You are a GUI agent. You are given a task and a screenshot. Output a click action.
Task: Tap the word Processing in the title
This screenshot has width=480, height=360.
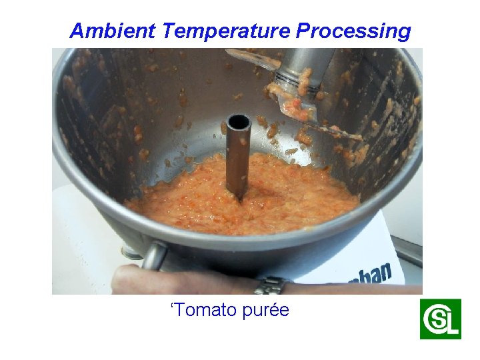click(353, 31)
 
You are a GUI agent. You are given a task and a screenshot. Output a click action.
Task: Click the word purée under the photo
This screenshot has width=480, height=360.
click(268, 310)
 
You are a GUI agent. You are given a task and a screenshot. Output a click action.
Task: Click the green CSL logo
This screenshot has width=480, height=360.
click(440, 319)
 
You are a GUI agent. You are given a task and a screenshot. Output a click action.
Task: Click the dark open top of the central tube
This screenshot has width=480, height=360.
click(238, 122)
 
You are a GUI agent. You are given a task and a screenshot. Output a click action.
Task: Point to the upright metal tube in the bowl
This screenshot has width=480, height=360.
click(238, 160)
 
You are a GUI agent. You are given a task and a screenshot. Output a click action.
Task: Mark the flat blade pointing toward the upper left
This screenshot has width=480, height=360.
click(253, 58)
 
